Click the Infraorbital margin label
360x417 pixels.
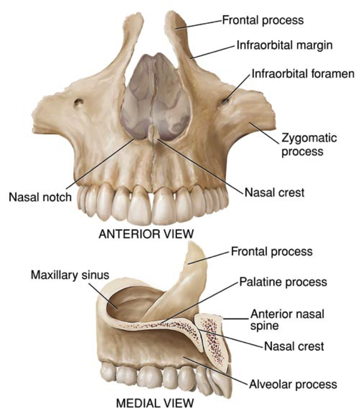(284, 45)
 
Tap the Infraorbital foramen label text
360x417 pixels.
(303, 74)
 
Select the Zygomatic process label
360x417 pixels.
(309, 145)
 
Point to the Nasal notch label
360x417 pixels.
(40, 197)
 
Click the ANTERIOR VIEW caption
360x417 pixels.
(146, 234)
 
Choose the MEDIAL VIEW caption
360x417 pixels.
(155, 403)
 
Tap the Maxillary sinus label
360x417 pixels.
(70, 275)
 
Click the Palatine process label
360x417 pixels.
(283, 282)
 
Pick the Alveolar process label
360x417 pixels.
(293, 384)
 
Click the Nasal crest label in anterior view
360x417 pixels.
(274, 192)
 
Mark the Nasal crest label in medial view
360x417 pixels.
(294, 346)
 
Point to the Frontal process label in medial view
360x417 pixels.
(272, 252)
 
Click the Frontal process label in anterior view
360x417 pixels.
(263, 20)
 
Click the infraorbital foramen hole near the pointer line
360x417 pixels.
(225, 101)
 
